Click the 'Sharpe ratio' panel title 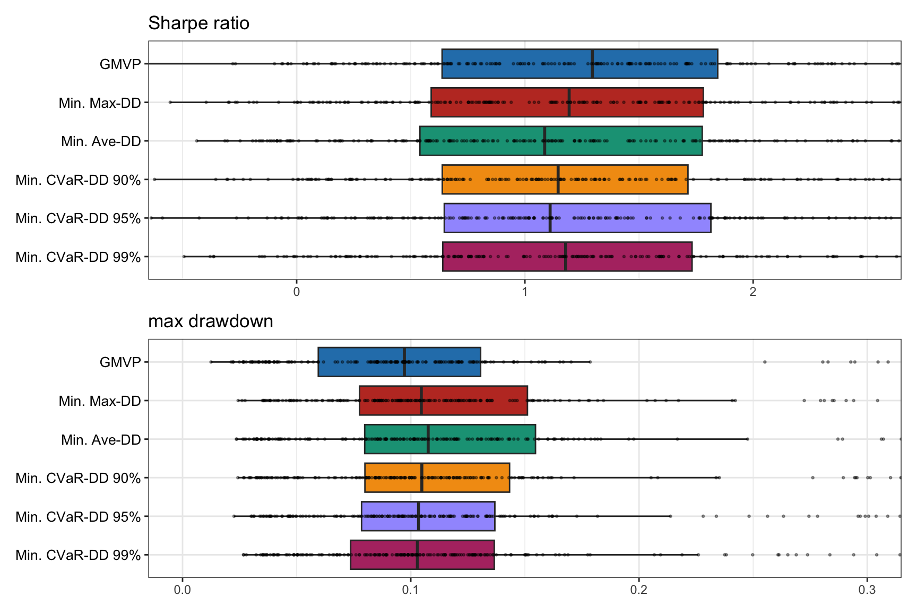coord(198,23)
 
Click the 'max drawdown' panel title coord(211,321)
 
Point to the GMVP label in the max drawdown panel coord(120,362)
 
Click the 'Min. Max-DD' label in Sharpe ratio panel coord(100,103)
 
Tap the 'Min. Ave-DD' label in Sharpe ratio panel coord(101,141)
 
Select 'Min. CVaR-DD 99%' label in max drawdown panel coord(78,555)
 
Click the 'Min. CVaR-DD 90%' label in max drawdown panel coord(78,478)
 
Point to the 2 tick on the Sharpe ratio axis coord(752,292)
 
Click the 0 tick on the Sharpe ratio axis coord(297,292)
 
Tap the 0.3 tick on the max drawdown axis coord(867,590)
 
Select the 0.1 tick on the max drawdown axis coord(410,590)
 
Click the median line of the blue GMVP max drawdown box coord(404,362)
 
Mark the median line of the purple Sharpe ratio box coord(550,218)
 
